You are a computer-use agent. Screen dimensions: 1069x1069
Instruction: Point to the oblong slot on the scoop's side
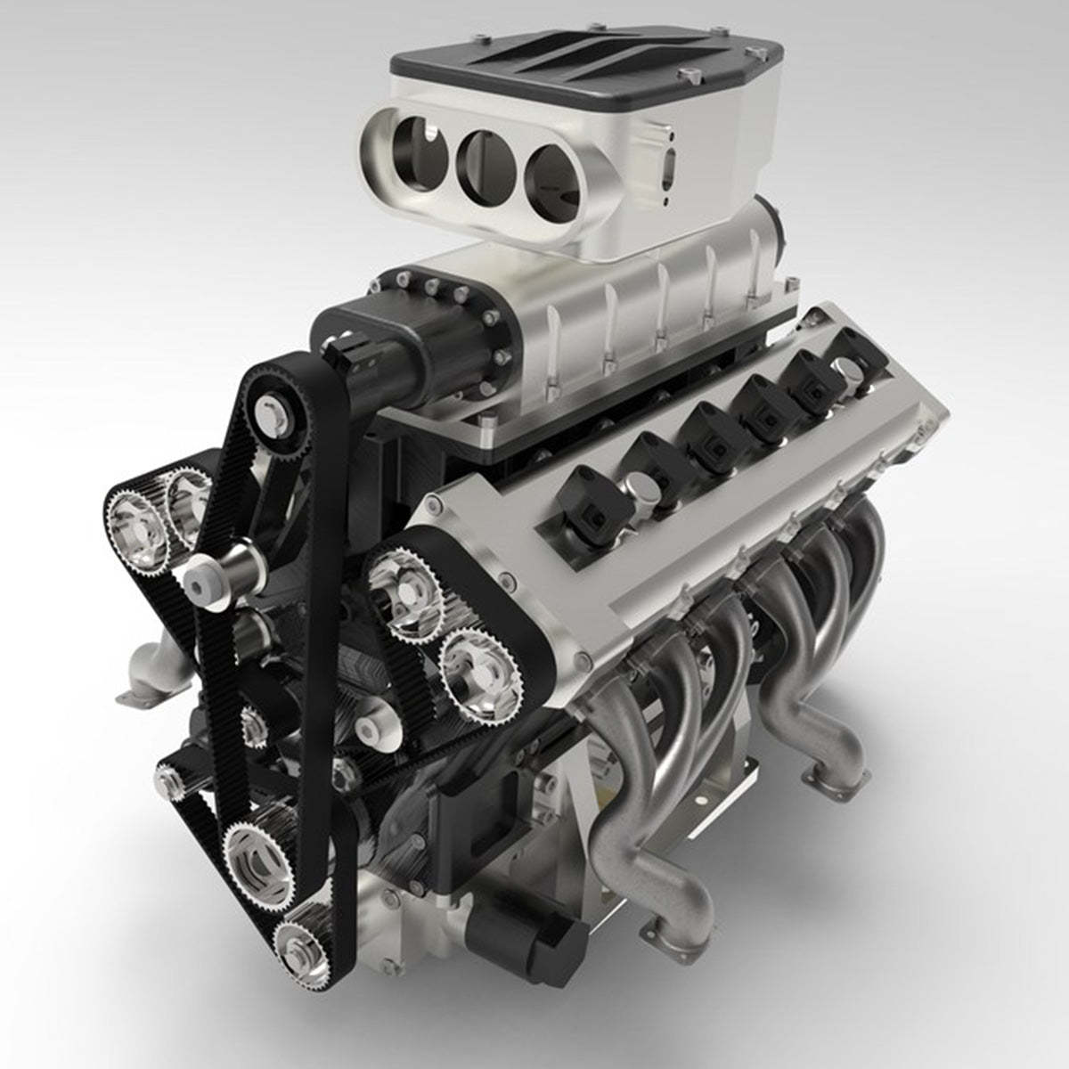(670, 164)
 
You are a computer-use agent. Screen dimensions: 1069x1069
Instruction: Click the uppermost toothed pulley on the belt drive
(269, 411)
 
